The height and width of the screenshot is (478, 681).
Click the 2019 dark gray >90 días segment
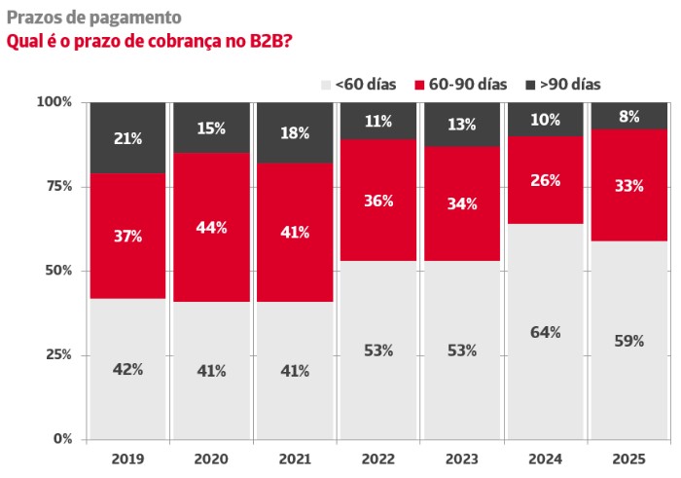click(x=128, y=137)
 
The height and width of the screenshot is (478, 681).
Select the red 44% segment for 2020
click(x=211, y=227)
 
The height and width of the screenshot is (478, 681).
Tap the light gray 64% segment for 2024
click(x=545, y=331)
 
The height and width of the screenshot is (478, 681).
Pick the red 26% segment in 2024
click(x=545, y=180)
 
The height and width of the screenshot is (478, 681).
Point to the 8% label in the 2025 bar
click(x=628, y=116)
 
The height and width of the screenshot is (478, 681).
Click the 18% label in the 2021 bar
click(x=295, y=132)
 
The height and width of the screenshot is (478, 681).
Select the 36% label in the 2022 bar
click(x=378, y=202)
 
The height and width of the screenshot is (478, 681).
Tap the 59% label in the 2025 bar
click(x=628, y=342)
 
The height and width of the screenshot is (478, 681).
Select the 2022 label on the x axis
click(x=378, y=457)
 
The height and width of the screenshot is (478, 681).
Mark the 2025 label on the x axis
click(x=628, y=457)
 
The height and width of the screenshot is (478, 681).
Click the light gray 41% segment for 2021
click(x=295, y=371)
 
